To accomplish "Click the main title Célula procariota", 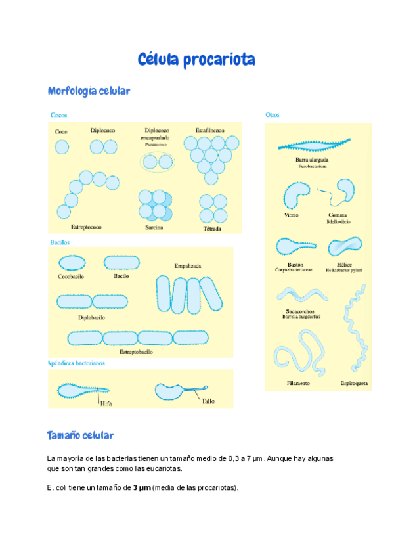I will (x=196, y=60).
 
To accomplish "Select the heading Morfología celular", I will (x=89, y=91).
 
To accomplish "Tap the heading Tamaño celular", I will (x=80, y=435).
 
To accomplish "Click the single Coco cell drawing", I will (x=62, y=147).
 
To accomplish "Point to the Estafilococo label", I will (x=209, y=131).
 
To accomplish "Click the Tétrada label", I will (x=212, y=229).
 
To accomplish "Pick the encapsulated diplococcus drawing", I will (x=158, y=161).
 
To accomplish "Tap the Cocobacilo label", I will (x=72, y=277).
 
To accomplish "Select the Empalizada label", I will (x=188, y=266).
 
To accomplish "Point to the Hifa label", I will (x=106, y=404).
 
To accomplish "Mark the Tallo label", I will (x=208, y=401).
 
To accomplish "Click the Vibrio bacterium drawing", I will (x=295, y=195).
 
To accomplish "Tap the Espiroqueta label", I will (x=354, y=383).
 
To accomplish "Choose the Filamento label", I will (x=297, y=383).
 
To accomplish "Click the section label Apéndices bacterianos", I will (x=76, y=363).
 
